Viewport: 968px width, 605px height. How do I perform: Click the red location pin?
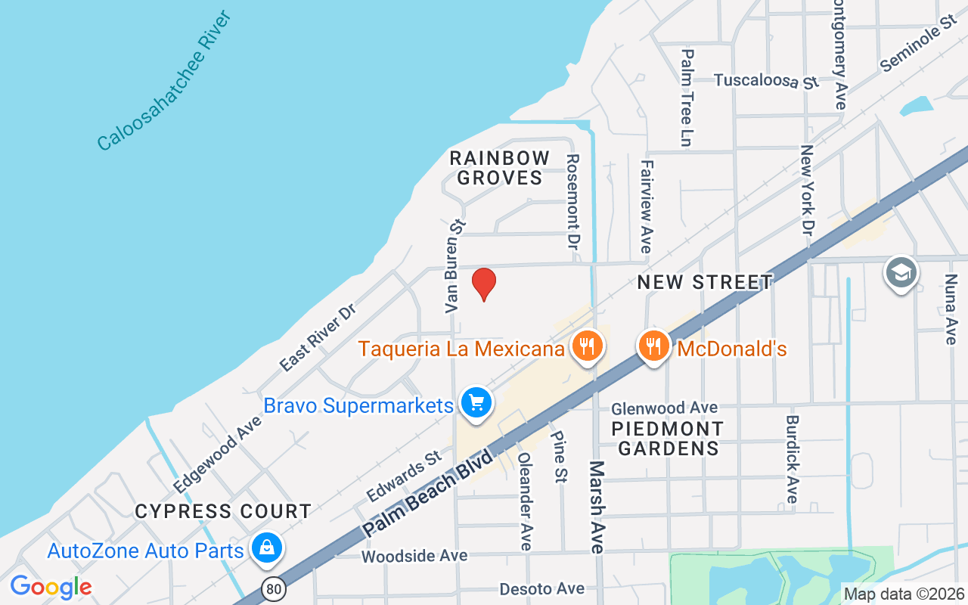tap(484, 284)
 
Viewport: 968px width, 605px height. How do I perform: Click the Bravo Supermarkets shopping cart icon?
tap(476, 402)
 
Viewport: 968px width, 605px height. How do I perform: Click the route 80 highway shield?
tap(274, 588)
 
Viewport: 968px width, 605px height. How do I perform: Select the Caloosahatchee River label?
tap(163, 81)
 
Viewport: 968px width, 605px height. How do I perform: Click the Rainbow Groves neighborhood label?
tap(499, 168)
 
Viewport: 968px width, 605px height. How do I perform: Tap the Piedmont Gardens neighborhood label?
tap(668, 439)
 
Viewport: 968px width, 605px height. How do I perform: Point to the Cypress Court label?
tap(223, 512)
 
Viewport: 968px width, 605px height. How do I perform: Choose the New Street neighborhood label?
tap(705, 283)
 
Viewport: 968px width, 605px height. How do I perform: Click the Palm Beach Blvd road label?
tap(428, 492)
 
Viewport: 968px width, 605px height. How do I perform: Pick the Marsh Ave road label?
tap(597, 507)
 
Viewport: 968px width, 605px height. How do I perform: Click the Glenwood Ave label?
tap(665, 408)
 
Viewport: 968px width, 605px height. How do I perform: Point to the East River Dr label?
tap(317, 339)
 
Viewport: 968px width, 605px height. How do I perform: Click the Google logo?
tap(51, 587)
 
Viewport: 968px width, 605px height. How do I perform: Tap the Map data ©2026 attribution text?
tap(904, 594)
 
